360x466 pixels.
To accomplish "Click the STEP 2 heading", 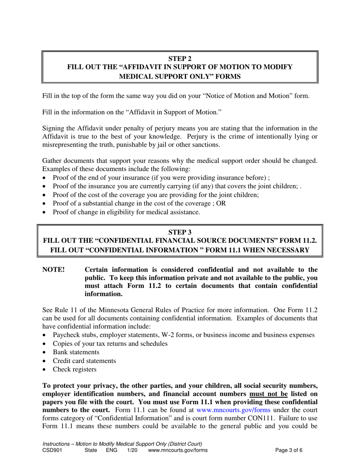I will point(180,58).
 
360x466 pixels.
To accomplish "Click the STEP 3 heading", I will point(180,232).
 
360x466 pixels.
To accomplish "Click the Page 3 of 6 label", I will point(289,450).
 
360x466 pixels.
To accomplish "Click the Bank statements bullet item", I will point(76,352).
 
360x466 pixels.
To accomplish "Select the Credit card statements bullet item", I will point(84,361).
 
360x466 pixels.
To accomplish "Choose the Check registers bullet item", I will point(74,369).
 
